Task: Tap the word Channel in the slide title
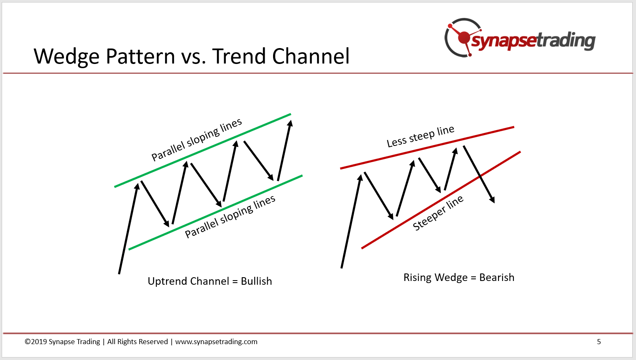click(x=311, y=56)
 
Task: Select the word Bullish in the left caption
click(x=256, y=281)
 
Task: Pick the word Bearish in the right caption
click(x=497, y=277)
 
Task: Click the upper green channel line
click(x=203, y=151)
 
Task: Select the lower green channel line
click(x=215, y=212)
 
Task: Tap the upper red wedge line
click(x=427, y=148)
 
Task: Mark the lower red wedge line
click(x=441, y=200)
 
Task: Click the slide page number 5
click(x=599, y=342)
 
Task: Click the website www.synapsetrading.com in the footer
click(x=216, y=342)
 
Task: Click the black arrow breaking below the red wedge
click(x=479, y=174)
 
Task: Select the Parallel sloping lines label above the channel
click(x=197, y=139)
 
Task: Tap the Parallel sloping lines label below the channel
click(x=230, y=216)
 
